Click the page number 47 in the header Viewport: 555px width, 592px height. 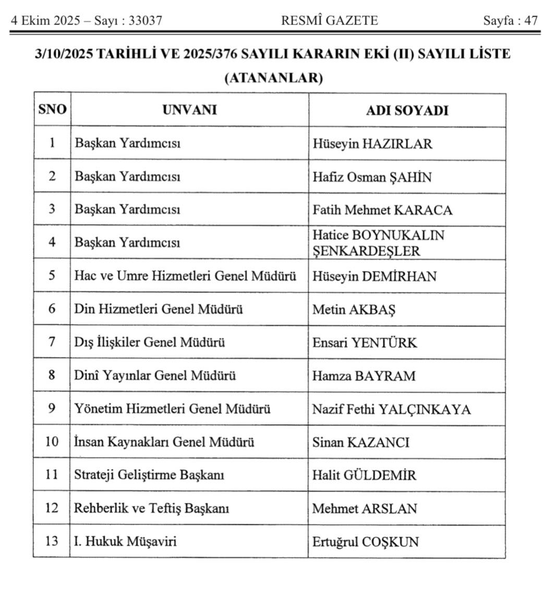[531, 21]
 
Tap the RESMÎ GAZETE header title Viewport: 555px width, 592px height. [330, 21]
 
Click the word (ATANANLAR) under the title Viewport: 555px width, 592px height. [274, 79]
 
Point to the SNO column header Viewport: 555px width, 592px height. [52, 110]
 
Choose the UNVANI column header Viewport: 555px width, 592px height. [189, 110]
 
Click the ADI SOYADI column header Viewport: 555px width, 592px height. [407, 110]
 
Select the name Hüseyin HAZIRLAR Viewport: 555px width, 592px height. [372, 144]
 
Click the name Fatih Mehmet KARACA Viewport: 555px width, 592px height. [382, 210]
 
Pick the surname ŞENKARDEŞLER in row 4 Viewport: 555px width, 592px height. [366, 251]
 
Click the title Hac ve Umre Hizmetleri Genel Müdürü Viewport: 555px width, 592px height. [185, 276]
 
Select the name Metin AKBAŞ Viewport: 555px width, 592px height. [354, 310]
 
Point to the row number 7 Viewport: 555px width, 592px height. [52, 342]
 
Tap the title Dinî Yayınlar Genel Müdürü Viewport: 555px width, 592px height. [155, 376]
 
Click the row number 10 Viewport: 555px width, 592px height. [52, 442]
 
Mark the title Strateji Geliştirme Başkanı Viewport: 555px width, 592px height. [149, 475]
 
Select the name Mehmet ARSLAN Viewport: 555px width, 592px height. [365, 509]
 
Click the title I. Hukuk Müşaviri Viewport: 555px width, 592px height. [126, 542]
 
